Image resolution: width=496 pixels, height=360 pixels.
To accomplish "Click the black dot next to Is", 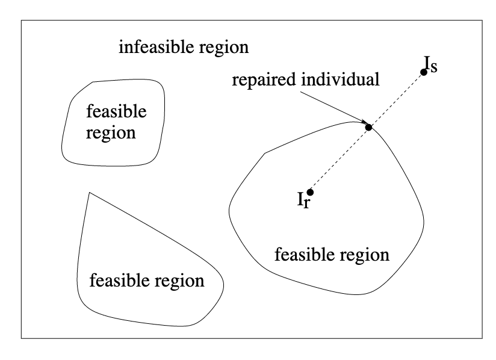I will pyautogui.click(x=424, y=72).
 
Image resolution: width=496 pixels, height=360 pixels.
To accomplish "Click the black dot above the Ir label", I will pyautogui.click(x=310, y=192).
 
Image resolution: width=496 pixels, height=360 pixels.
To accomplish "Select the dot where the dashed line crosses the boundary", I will pyautogui.click(x=369, y=127).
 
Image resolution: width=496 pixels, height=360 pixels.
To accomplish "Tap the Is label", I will pyautogui.click(x=430, y=64).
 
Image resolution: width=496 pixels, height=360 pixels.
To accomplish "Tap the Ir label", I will pyautogui.click(x=303, y=201).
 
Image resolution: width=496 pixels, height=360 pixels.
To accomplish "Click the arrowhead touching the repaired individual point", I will pyautogui.click(x=364, y=123).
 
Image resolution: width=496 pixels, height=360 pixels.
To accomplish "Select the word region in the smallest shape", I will pyautogui.click(x=110, y=132).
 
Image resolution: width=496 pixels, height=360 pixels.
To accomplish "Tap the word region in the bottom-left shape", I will pyautogui.click(x=178, y=281).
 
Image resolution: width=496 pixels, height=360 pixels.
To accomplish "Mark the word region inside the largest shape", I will pyautogui.click(x=364, y=255).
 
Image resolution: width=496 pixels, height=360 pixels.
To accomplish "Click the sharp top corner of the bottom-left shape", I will pyautogui.click(x=89, y=193).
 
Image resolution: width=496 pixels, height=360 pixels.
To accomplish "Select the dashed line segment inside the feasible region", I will pyautogui.click(x=339, y=160).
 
